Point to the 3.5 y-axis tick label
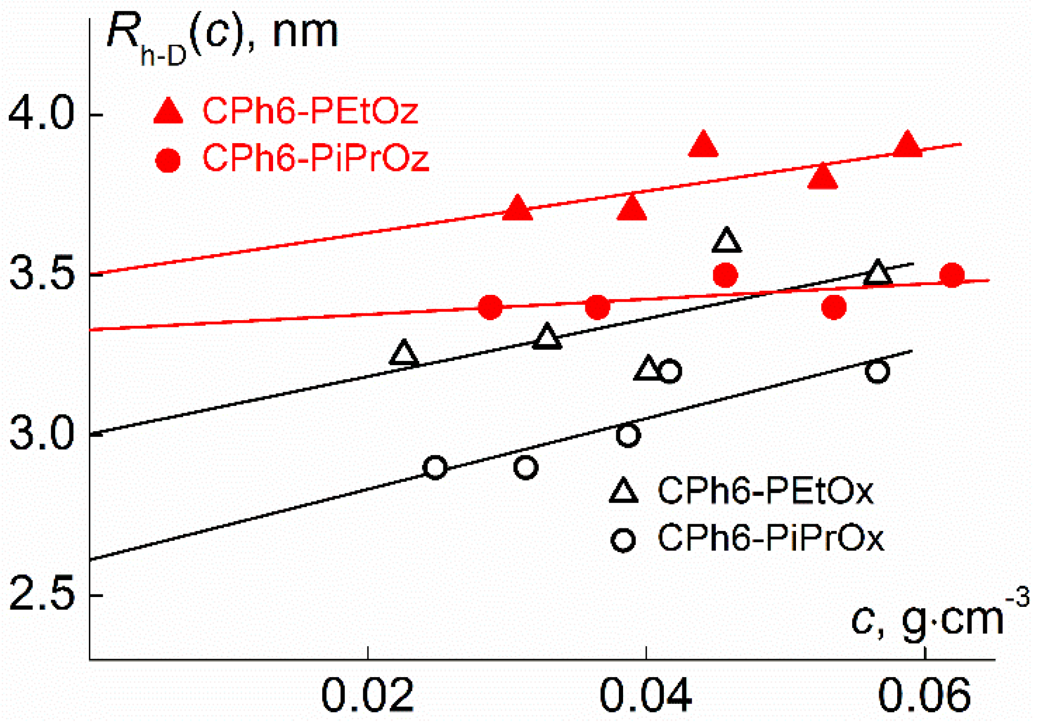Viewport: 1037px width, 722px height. pos(41,274)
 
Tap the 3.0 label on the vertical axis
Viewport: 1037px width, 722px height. pos(41,434)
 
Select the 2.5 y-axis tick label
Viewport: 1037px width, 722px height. pos(41,595)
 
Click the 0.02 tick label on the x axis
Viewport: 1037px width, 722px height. pos(367,696)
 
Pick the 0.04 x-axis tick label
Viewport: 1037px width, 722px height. pos(645,696)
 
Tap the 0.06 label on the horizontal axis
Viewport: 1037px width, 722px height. pos(924,696)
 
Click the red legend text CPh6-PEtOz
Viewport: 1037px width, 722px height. pos(310,111)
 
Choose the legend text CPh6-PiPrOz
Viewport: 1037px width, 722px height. pos(315,158)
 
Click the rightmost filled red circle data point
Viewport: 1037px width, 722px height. pos(952,275)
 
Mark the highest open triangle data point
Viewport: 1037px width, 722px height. pos(726,241)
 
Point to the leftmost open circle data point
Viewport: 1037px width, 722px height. pos(435,467)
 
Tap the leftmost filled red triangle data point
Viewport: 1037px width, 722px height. pos(517,209)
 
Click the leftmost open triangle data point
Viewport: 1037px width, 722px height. pos(404,354)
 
